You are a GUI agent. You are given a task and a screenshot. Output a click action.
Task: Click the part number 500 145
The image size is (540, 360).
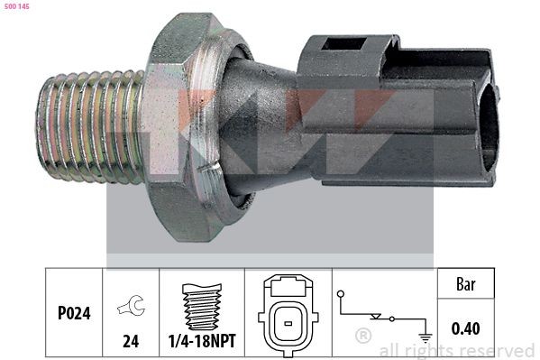pyautogui.click(x=17, y=6)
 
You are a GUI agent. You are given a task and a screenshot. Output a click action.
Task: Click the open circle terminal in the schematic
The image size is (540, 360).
pyautogui.click(x=340, y=294)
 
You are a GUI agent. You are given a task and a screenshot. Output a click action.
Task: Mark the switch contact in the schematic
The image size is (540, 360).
pyautogui.click(x=382, y=317)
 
